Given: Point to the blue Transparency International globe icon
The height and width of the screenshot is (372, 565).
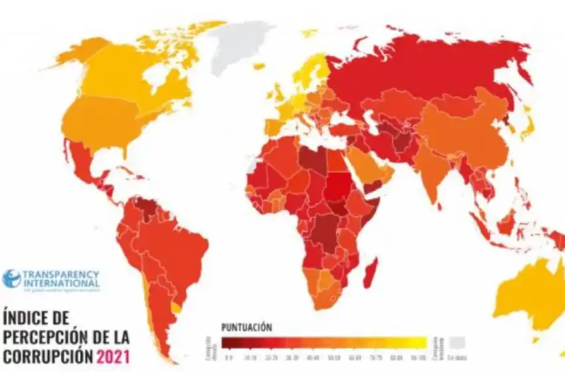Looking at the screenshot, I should (11, 278).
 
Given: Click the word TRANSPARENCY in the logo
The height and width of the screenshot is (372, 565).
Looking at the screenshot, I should (60, 274).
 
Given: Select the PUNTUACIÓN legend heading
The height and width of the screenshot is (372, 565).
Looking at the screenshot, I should (246, 327).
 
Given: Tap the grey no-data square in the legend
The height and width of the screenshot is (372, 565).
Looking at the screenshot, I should (456, 342).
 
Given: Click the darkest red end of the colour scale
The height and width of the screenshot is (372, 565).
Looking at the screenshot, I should (229, 342).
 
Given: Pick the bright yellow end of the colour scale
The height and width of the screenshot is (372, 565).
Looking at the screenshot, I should (416, 342).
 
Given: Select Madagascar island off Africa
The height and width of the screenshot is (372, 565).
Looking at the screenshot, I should (370, 273).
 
